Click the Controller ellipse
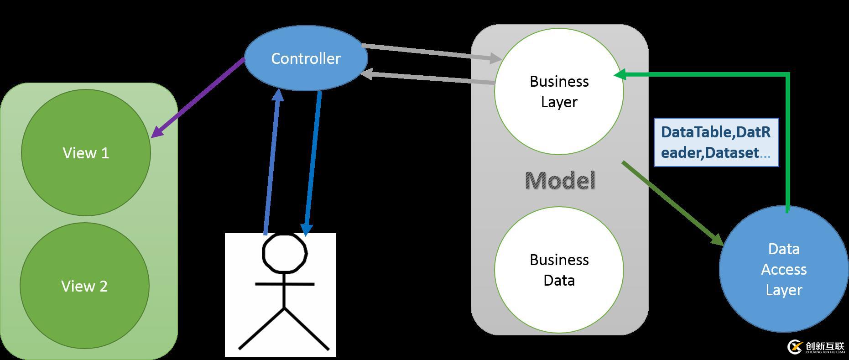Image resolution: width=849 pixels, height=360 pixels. tap(306, 58)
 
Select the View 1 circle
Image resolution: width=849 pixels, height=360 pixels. tap(86, 152)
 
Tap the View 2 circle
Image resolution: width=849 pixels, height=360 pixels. tap(84, 286)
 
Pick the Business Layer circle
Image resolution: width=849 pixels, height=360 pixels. tap(559, 91)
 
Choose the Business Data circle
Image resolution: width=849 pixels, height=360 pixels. tap(559, 270)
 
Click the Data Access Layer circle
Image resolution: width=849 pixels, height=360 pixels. tap(783, 269)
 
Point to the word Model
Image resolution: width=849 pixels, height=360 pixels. tap(560, 181)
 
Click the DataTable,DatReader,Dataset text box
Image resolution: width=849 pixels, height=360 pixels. tap(716, 142)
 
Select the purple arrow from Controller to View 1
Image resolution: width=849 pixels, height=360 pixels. tap(198, 98)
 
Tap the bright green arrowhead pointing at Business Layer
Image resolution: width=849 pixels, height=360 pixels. tap(620, 75)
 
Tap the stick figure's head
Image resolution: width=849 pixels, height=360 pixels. tap(284, 254)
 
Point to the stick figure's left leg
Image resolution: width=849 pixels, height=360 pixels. tap(261, 329)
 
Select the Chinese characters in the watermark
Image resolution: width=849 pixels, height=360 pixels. tap(825, 346)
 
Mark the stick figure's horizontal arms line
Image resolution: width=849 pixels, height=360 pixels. tap(284, 284)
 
